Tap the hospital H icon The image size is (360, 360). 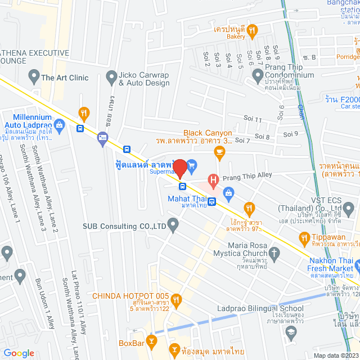tap(213, 181)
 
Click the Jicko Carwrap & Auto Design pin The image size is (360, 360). tap(110, 75)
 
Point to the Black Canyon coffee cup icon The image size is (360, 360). tap(219, 151)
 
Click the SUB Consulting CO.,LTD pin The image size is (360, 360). tap(173, 226)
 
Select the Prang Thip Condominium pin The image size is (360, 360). tap(258, 75)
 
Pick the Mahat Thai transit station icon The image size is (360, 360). tap(212, 202)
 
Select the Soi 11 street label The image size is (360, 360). tap(251, 120)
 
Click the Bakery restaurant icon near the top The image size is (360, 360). tap(253, 29)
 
